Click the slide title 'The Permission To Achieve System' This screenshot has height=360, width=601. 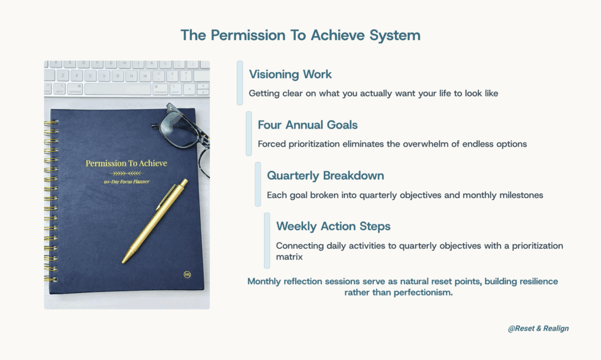coord(300,35)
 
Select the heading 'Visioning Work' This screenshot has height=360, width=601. coord(290,75)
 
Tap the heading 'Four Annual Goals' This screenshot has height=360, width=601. coord(308,125)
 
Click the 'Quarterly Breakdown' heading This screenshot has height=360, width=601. coord(325,176)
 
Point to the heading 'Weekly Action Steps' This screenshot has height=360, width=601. coord(333,226)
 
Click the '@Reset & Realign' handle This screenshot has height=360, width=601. coord(538,328)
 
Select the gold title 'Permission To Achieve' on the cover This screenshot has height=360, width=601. coord(126,163)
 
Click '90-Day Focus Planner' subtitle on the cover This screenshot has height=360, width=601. coord(126,181)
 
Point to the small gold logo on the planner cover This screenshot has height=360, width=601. coord(187,274)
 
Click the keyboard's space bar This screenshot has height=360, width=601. coord(117,89)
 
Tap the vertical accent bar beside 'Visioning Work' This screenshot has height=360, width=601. coord(240,83)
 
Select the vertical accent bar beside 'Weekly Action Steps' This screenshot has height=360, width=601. coord(267,241)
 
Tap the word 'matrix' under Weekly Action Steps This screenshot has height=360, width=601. coord(289,257)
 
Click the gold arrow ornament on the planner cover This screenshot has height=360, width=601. coord(126,174)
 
